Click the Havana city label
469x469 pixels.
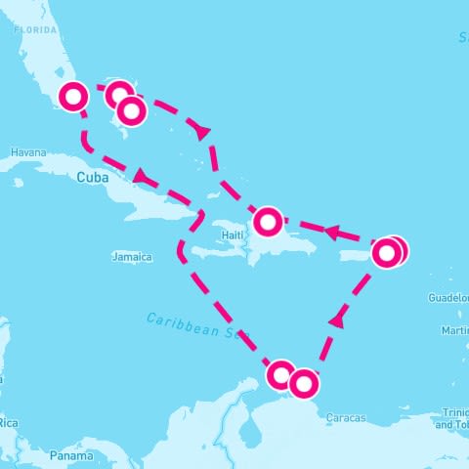click(x=27, y=153)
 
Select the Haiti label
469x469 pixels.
click(x=232, y=235)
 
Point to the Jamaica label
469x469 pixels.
click(x=132, y=257)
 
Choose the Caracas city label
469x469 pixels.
click(x=347, y=417)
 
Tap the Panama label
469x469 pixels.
click(x=72, y=455)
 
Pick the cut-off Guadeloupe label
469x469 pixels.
click(x=450, y=299)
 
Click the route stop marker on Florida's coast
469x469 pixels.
click(x=74, y=96)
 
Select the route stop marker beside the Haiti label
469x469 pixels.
click(x=267, y=222)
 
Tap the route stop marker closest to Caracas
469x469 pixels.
click(x=304, y=384)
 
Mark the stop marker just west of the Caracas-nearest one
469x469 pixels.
click(x=281, y=374)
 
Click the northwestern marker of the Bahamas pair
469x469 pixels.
click(x=118, y=95)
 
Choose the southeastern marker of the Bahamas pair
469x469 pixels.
click(x=131, y=111)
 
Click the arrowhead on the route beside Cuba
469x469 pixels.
click(x=142, y=177)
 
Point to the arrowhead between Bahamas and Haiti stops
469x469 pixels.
click(x=203, y=130)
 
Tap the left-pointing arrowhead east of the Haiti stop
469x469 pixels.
click(x=332, y=234)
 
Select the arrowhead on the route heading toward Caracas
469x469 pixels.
click(x=337, y=319)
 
